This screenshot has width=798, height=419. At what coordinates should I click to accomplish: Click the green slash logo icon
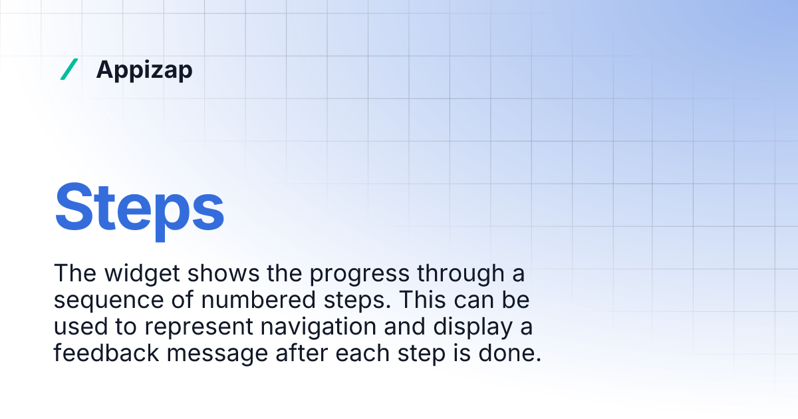tap(69, 69)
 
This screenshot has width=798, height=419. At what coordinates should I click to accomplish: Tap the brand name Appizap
tap(144, 70)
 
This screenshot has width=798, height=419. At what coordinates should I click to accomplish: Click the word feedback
tap(106, 353)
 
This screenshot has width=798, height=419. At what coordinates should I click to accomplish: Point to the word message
tap(217, 354)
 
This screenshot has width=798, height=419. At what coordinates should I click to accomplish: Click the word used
tap(79, 327)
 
